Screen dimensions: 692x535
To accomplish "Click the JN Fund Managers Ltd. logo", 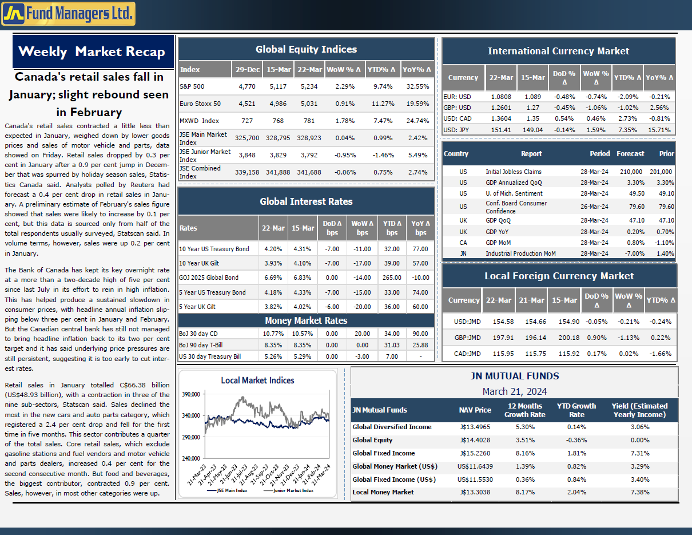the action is [x=69, y=14].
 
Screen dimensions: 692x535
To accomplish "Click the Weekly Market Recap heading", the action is [x=92, y=51].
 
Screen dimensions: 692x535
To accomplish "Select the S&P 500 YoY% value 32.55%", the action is [x=417, y=86].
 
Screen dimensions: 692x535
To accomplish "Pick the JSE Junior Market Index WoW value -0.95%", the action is [x=345, y=155].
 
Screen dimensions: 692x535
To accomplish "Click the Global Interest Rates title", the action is [x=306, y=201].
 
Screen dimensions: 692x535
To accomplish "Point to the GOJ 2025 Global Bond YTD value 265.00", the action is [x=392, y=278].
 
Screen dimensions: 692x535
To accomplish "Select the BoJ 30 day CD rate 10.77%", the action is [x=273, y=334].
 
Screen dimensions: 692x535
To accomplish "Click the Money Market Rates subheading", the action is [x=306, y=320].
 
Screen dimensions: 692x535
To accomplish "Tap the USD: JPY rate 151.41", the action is [x=501, y=130].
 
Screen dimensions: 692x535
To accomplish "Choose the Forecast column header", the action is [x=630, y=154].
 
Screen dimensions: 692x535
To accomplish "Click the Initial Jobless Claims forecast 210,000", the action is [x=631, y=172].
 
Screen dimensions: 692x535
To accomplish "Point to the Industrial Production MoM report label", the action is [x=520, y=253].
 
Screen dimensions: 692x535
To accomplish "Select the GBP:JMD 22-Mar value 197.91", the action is [x=503, y=338].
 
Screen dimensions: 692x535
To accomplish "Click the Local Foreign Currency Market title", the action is [x=559, y=276].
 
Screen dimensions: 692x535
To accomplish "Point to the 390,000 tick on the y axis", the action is [x=191, y=394].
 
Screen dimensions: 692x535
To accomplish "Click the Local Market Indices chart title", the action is [x=257, y=381].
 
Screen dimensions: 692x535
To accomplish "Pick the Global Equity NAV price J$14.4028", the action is [x=475, y=441].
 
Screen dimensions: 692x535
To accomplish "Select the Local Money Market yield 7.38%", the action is [x=640, y=492].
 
